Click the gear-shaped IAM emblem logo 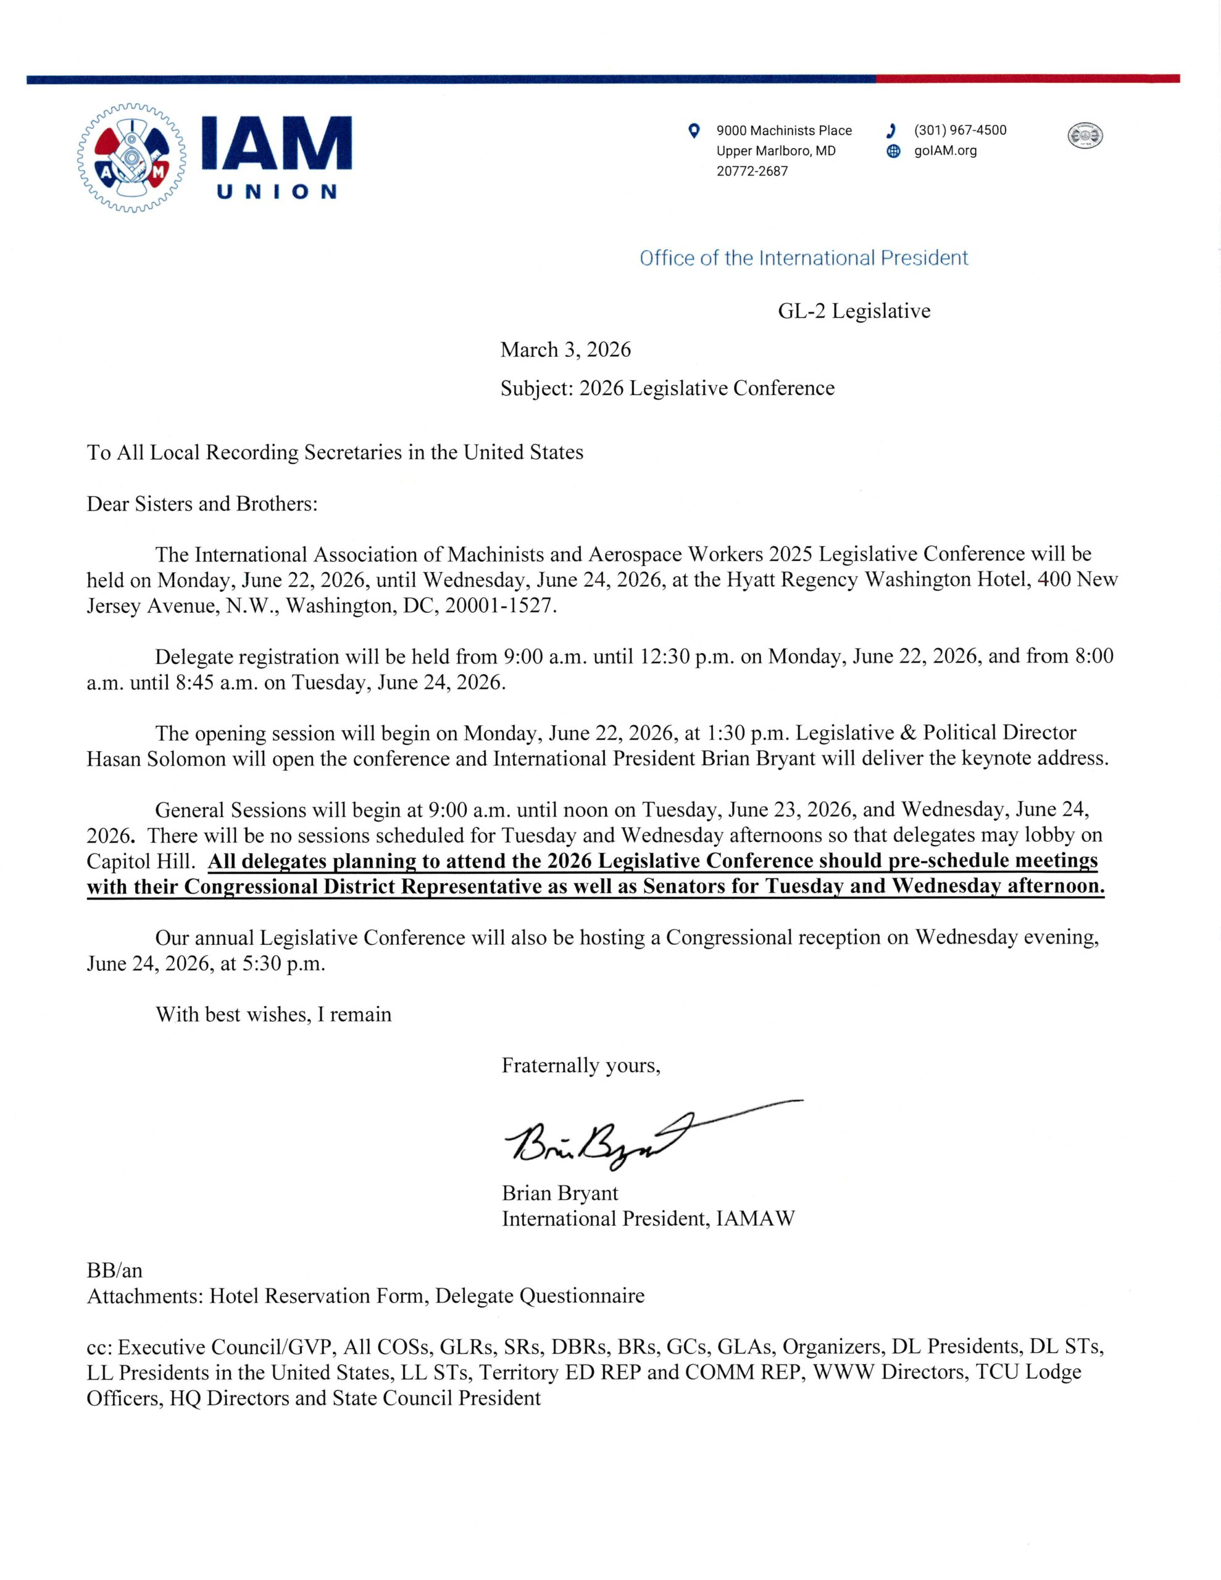131,158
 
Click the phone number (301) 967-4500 960,130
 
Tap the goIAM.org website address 945,151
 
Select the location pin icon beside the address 693,131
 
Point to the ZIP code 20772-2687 752,172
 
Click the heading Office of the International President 803,258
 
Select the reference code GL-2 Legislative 854,311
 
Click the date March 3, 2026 565,350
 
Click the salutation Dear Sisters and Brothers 202,504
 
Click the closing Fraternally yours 580,1066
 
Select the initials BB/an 114,1270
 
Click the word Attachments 144,1295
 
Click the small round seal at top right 1085,135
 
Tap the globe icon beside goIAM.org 894,151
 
